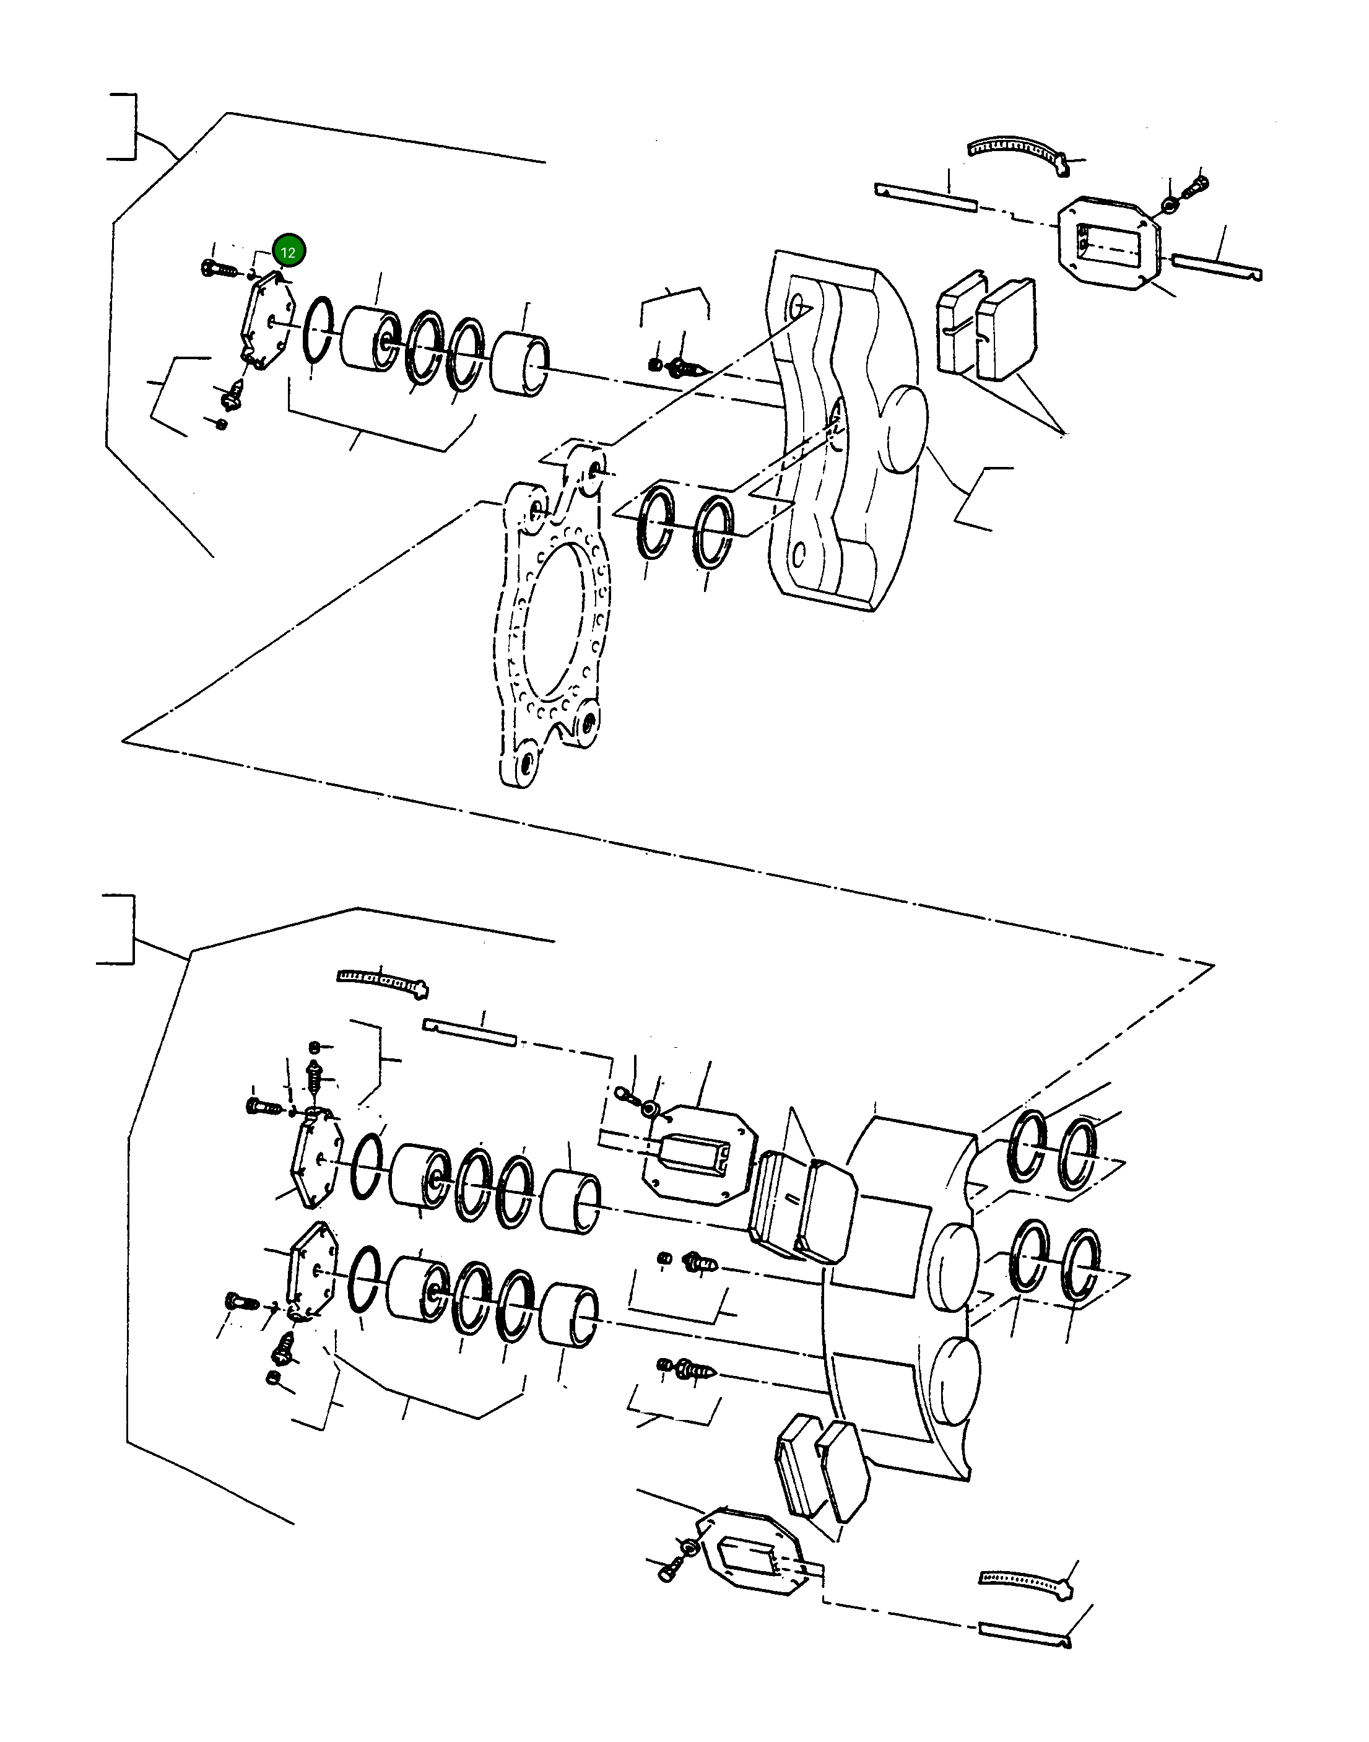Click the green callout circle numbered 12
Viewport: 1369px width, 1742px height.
pyautogui.click(x=288, y=251)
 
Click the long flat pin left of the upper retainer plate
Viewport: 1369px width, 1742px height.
pyautogui.click(x=926, y=197)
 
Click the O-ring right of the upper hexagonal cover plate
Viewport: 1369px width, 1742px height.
pyautogui.click(x=318, y=329)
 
